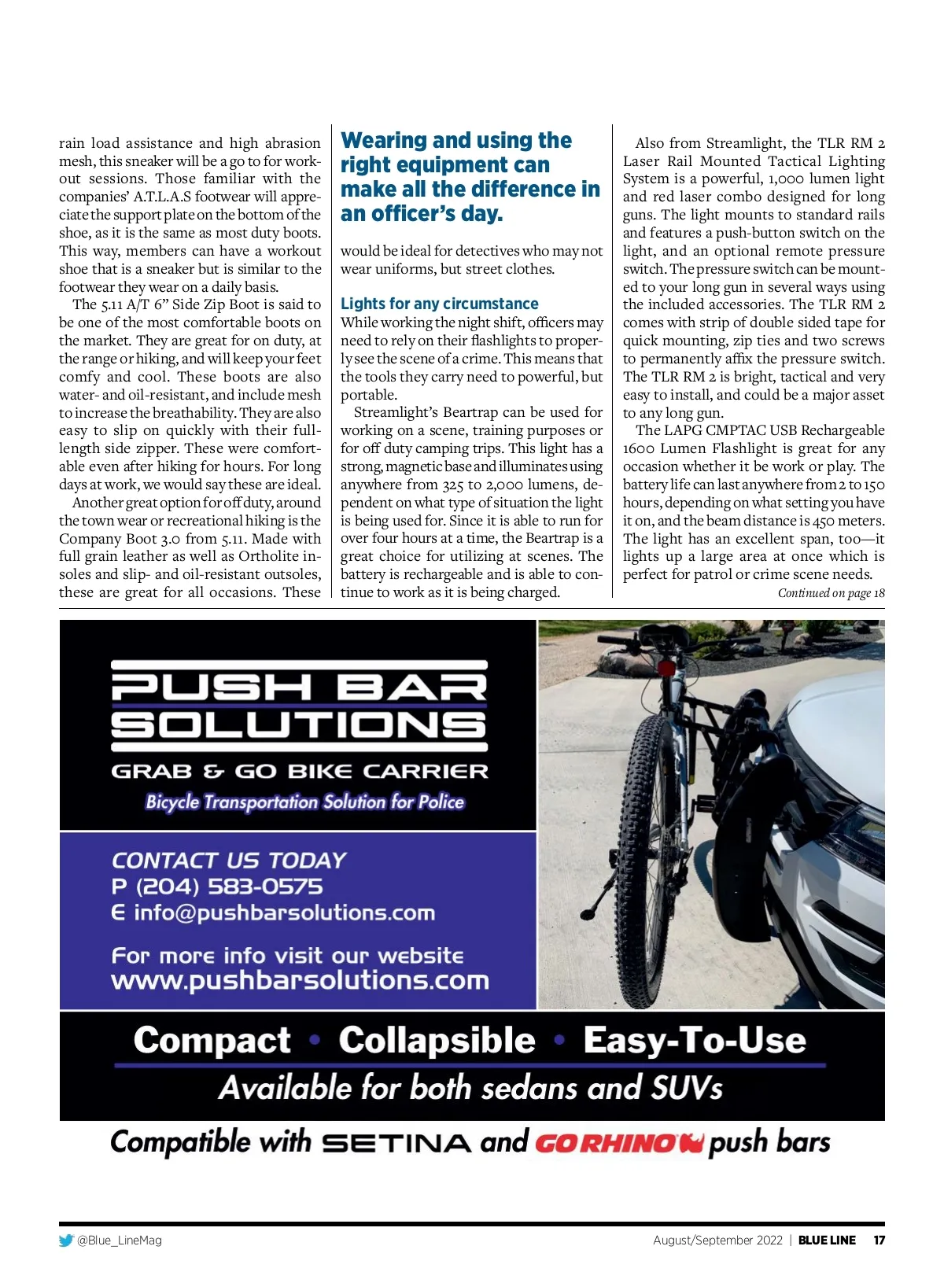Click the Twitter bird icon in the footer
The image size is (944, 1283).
click(x=66, y=1241)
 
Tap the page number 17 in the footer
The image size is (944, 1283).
click(x=879, y=1241)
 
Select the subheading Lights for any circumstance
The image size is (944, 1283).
click(x=439, y=304)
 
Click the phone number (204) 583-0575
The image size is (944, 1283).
click(x=229, y=887)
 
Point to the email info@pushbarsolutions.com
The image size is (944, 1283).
click(x=284, y=912)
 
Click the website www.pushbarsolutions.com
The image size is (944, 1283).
click(x=300, y=980)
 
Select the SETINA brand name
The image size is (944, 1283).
click(x=397, y=1143)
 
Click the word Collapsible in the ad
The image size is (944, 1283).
click(x=437, y=1040)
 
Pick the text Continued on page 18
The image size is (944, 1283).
click(x=831, y=593)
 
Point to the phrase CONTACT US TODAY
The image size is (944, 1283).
click(x=228, y=860)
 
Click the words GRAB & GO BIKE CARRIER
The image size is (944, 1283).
click(x=300, y=772)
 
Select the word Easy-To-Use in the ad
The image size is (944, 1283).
click(x=695, y=1040)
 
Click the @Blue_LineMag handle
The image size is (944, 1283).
click(x=120, y=1241)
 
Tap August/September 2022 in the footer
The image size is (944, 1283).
click(x=717, y=1241)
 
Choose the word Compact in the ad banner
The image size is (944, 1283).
click(x=212, y=1040)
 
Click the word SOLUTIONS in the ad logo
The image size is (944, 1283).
click(x=300, y=725)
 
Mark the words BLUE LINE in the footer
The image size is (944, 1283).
click(x=827, y=1241)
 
